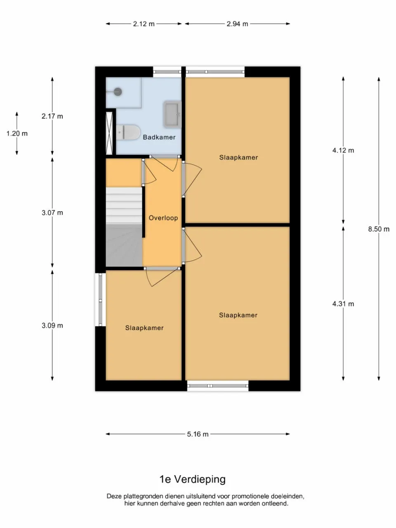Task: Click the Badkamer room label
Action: click(159, 137)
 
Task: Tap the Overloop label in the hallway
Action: click(163, 218)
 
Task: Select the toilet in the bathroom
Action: click(127, 132)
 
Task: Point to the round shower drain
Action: click(118, 92)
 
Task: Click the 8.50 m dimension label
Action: click(379, 229)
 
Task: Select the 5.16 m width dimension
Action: click(198, 434)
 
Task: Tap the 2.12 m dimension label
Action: click(144, 24)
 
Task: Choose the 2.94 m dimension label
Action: click(237, 24)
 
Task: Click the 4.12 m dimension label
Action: click(343, 151)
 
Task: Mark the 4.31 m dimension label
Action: click(343, 304)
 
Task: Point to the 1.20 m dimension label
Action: click(17, 133)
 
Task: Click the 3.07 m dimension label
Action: click(52, 213)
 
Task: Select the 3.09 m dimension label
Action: click(52, 325)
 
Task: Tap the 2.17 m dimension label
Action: click(52, 116)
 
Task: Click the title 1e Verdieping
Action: click(192, 479)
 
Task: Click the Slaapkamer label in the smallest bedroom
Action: click(144, 328)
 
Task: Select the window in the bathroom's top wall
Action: click(167, 72)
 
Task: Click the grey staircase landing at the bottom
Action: click(124, 245)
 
